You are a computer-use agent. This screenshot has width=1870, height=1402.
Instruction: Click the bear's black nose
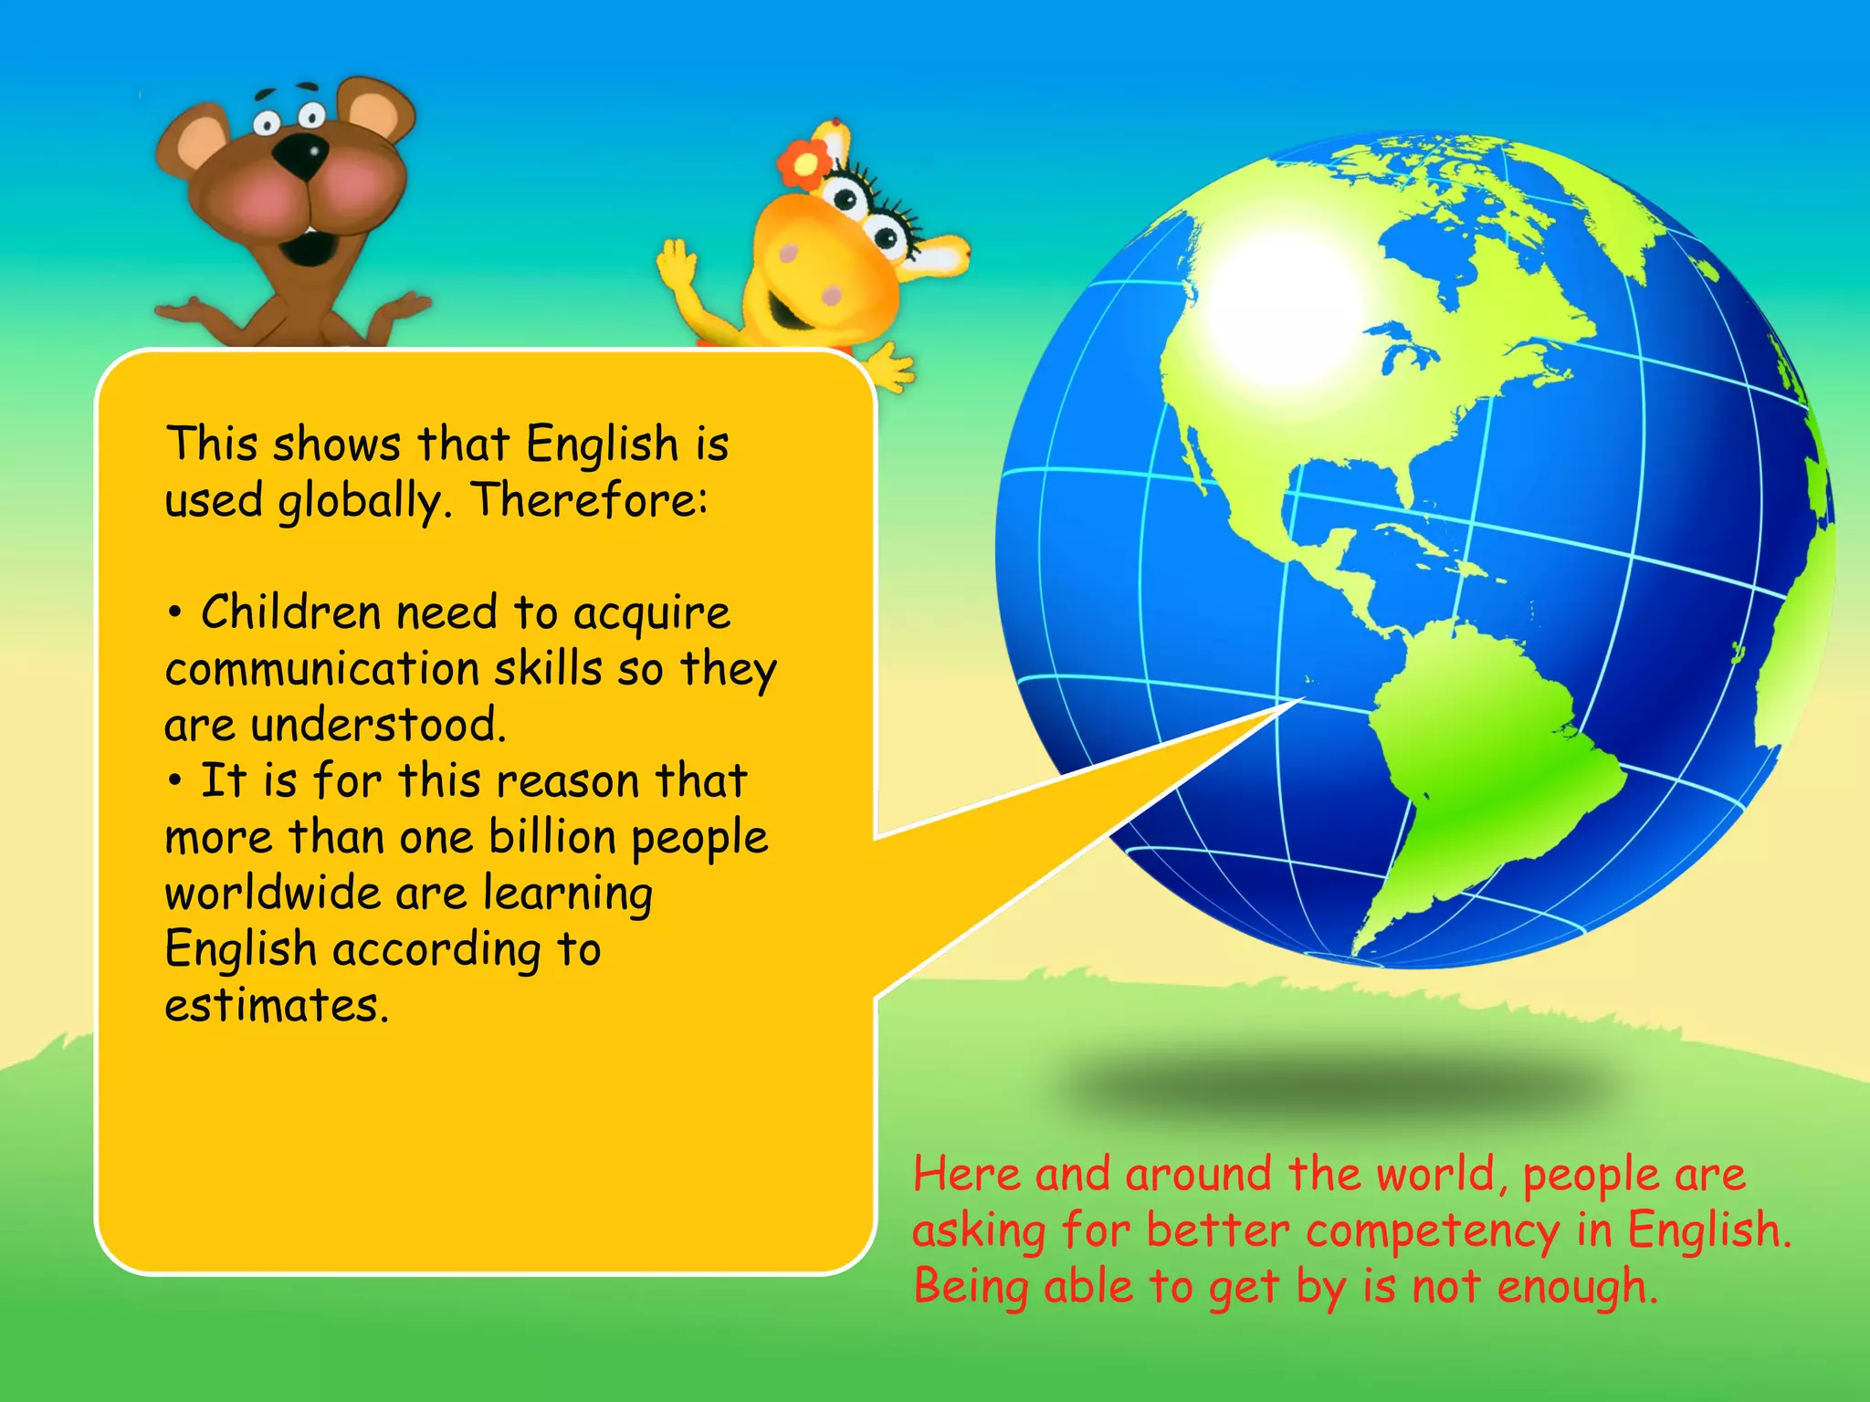pyautogui.click(x=301, y=156)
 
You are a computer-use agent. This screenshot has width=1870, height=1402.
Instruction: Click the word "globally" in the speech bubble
pyautogui.click(x=360, y=502)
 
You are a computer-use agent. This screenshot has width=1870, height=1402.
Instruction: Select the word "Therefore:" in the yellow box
pyautogui.click(x=590, y=500)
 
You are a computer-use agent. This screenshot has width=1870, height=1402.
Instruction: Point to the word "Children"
pyautogui.click(x=290, y=612)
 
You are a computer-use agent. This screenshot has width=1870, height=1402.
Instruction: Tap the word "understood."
pyautogui.click(x=378, y=725)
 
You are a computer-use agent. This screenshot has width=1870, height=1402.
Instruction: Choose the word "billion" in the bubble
pyautogui.click(x=552, y=836)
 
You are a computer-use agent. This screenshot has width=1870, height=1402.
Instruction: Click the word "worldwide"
pyautogui.click(x=271, y=893)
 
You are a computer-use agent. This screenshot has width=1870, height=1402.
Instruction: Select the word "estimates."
pyautogui.click(x=277, y=1005)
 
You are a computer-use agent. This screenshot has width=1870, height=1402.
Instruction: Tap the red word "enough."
pyautogui.click(x=1577, y=1287)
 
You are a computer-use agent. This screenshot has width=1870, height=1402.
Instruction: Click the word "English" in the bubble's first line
pyautogui.click(x=603, y=445)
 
